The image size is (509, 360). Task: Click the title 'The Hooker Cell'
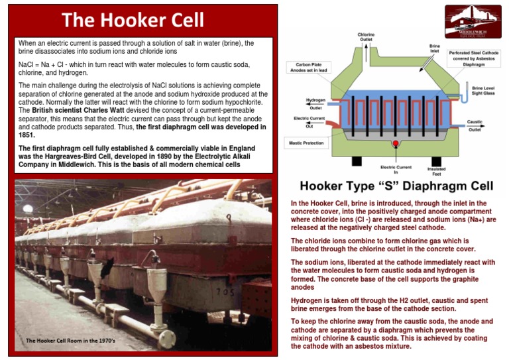coord(133,20)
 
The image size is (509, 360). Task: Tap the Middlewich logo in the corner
coord(473,22)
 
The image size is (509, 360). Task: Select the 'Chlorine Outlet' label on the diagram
coord(366,37)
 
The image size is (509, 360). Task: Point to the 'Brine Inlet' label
coord(434,49)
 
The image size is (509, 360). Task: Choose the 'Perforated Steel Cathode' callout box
coord(474,58)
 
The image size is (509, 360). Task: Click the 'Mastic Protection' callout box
coord(304,143)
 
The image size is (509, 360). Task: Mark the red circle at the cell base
coord(396,143)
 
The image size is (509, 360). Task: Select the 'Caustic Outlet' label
coord(475,125)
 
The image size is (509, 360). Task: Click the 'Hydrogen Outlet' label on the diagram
coord(315,104)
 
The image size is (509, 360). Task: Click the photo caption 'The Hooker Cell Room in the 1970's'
coord(70,341)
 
